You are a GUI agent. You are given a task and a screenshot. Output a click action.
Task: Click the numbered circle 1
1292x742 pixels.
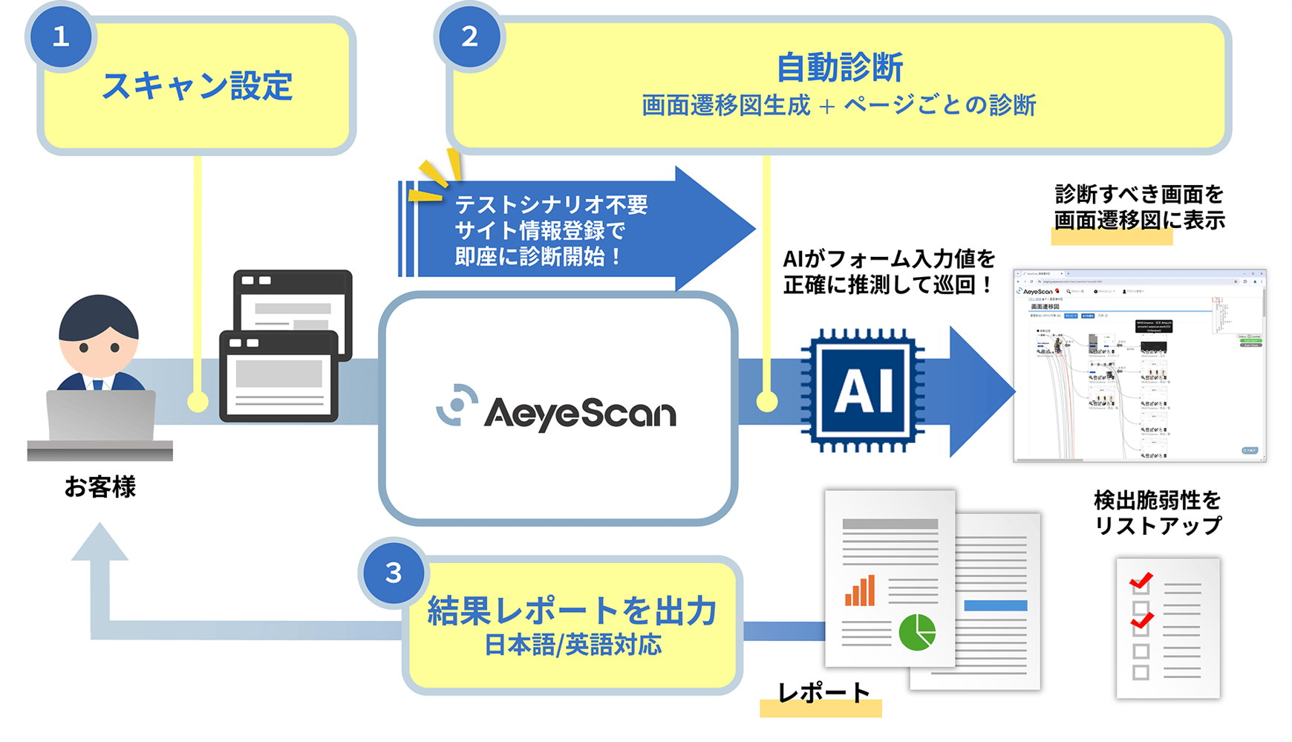[x=61, y=36]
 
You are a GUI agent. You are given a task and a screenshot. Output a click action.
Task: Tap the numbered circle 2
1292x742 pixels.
[x=469, y=36]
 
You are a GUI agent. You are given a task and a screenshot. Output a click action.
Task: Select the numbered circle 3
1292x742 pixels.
[x=394, y=573]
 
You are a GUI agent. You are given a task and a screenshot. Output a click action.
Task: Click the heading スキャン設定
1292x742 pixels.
[x=197, y=85]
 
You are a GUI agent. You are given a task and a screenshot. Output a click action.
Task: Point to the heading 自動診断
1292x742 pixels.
[x=839, y=68]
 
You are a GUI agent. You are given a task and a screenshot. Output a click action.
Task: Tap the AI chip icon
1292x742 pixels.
[x=863, y=390]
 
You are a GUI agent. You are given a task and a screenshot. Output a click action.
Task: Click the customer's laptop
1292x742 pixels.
[x=101, y=416]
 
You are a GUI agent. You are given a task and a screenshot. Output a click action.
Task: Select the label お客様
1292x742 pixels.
[x=99, y=487]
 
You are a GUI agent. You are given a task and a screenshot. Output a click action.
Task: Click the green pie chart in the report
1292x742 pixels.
[x=917, y=632]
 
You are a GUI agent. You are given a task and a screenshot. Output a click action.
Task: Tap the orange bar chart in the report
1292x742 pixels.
[x=860, y=591]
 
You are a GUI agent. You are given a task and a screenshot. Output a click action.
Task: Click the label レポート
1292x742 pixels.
[x=823, y=692]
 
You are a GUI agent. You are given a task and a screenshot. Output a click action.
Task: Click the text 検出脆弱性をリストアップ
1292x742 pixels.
[x=1157, y=512]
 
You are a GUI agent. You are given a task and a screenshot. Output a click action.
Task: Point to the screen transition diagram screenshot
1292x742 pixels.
[x=1139, y=365]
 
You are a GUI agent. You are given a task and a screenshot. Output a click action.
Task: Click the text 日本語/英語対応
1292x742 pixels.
[x=572, y=645]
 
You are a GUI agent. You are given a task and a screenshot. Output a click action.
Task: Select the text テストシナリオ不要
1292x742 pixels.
[x=551, y=204]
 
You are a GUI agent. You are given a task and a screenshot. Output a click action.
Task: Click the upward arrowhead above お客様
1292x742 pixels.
[x=99, y=542]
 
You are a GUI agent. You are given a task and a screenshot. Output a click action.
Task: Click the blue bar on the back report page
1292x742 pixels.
[x=995, y=605]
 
